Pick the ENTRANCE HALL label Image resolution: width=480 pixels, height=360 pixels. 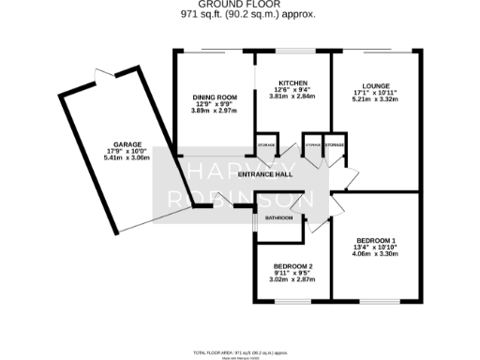click(x=266, y=174)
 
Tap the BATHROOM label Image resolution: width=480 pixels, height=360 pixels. click(x=278, y=218)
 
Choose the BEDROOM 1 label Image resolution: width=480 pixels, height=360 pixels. click(x=374, y=238)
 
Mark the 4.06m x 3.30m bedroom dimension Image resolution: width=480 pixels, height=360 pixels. click(x=374, y=253)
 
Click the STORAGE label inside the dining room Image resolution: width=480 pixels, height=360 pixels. click(x=266, y=146)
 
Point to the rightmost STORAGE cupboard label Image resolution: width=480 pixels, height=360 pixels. click(x=335, y=146)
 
